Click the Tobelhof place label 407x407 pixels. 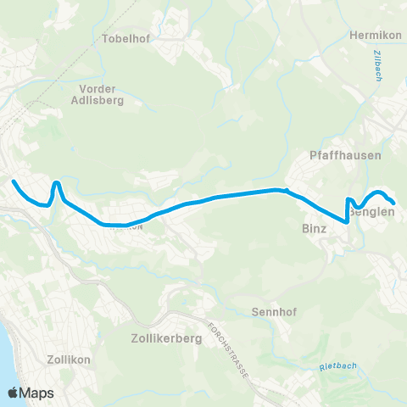125,39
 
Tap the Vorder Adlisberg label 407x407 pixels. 101,93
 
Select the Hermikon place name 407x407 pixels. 374,36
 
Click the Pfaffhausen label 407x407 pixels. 346,156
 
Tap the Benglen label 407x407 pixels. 375,213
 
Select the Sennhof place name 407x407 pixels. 272,311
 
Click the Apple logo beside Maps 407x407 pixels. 14,393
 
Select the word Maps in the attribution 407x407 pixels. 38,393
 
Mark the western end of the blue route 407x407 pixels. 13,181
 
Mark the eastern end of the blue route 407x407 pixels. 394,203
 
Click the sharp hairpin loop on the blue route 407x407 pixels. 56,183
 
